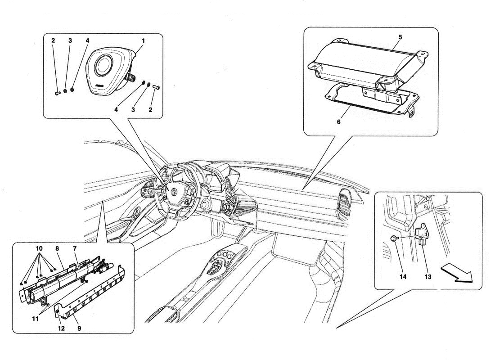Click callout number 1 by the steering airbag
coord(143,40)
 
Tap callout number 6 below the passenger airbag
coord(338,121)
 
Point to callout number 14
coord(403,277)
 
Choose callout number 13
coord(427,277)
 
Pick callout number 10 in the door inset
coord(38,249)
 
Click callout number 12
coord(61,328)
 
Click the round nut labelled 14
coord(393,238)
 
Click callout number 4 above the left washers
coord(87,40)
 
